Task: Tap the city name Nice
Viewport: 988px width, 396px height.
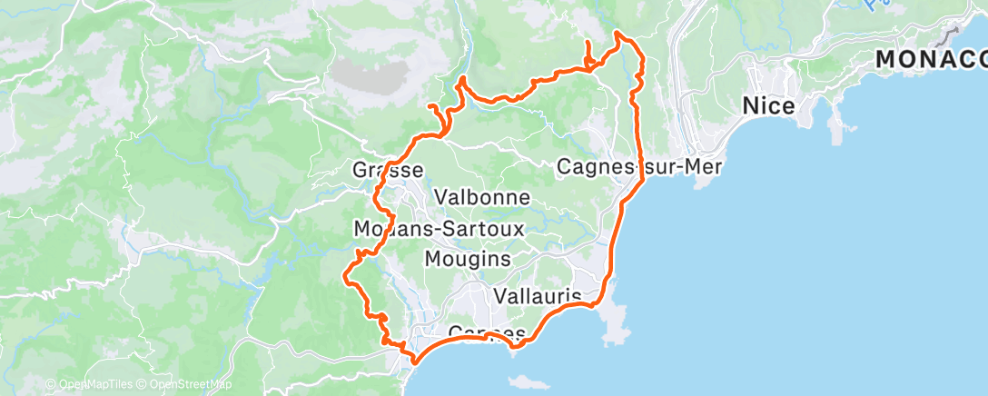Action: click(769, 105)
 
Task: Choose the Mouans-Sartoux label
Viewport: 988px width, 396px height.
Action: click(440, 230)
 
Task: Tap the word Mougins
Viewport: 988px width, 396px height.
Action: click(468, 260)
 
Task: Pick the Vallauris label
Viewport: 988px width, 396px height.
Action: click(538, 296)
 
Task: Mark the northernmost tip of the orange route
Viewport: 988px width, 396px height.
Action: click(617, 33)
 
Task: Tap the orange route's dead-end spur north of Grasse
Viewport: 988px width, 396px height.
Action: click(429, 107)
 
